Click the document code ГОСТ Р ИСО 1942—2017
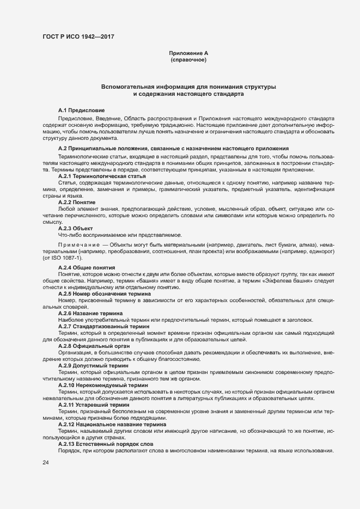coord(78,37)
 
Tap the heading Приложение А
coord(188,53)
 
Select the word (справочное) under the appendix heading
coord(188,60)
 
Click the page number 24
coord(46,463)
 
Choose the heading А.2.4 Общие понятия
coord(86,268)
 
